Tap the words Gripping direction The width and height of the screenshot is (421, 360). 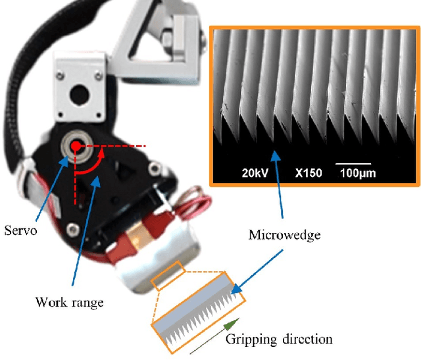pos(279,340)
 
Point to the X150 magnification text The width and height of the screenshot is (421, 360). pos(305,174)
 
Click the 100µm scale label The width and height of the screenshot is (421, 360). pos(357,174)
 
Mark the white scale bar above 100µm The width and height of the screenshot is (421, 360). pos(353,163)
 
